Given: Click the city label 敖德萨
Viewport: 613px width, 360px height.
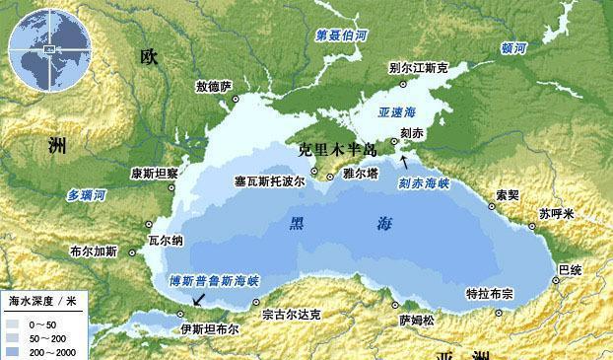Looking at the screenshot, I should pos(213,87).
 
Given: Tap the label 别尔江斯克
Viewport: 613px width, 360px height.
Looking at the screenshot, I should pos(419,69).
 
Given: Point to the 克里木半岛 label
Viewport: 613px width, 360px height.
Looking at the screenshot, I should pos(338,149).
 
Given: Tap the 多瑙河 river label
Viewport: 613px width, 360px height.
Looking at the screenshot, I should pos(86,195).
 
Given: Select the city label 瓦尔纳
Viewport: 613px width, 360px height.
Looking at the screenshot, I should pos(166,240).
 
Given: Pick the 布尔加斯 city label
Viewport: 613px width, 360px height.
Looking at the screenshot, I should pos(94,252).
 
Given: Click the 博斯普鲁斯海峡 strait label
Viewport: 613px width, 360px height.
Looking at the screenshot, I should pos(214,279).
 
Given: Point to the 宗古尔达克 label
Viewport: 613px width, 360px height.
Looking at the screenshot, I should pos(292,316).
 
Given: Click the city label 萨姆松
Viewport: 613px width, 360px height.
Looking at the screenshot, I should pos(416,320).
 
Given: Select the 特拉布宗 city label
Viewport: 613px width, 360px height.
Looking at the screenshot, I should pos(490,294).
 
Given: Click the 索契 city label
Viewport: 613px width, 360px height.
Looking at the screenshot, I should pos(508,195).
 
